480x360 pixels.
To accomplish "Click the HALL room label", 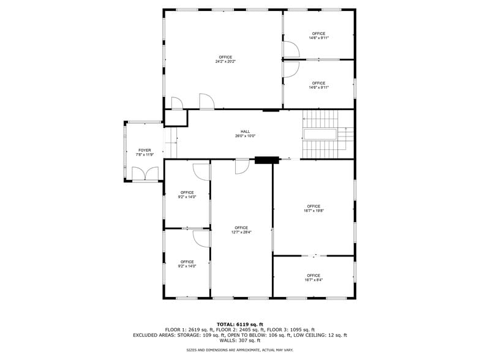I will pyautogui.click(x=245, y=132).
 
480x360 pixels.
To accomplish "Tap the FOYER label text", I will pyautogui.click(x=144, y=150).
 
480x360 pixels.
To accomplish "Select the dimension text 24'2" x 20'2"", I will pyautogui.click(x=225, y=62).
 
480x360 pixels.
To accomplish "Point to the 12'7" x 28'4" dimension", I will pyautogui.click(x=241, y=233).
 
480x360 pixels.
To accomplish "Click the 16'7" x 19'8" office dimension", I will pyautogui.click(x=313, y=211).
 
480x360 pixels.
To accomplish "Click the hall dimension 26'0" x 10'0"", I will pyautogui.click(x=245, y=137).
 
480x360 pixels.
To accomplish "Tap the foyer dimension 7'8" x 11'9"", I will pyautogui.click(x=144, y=155).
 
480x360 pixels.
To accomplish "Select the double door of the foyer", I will pyautogui.click(x=144, y=174).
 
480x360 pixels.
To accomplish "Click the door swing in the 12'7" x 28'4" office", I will pyautogui.click(x=242, y=165).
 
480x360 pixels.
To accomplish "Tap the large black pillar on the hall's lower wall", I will pyautogui.click(x=264, y=160).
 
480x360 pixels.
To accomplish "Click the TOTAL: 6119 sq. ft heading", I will pyautogui.click(x=240, y=324).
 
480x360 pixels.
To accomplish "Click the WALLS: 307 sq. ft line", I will pyautogui.click(x=240, y=340).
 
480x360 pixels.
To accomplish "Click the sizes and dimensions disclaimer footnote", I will pyautogui.click(x=240, y=350).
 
